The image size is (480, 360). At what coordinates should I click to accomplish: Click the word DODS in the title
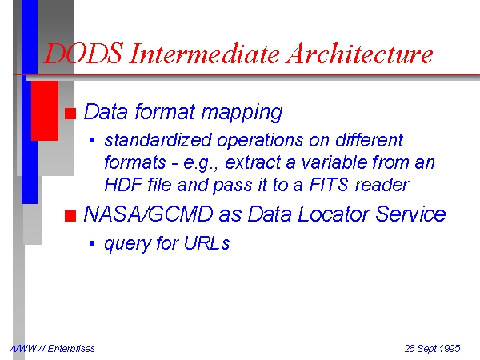[x=84, y=54]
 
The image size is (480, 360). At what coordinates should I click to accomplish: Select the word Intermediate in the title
[x=204, y=54]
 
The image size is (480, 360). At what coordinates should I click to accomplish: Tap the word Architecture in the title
[x=359, y=54]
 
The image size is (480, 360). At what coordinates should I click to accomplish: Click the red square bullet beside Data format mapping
[x=70, y=114]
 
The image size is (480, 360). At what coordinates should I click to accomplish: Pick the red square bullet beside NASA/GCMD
[x=70, y=216]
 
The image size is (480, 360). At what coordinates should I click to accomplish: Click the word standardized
[x=158, y=140]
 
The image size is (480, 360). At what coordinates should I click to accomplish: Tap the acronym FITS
[x=329, y=185]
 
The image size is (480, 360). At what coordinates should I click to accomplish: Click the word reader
[x=382, y=185]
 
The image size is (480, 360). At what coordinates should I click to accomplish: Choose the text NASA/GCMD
[x=148, y=214]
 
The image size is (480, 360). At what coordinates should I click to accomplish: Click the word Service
[x=410, y=214]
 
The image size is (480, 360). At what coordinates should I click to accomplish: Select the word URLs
[x=206, y=243]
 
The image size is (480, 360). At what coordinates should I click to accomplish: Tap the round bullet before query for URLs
[x=92, y=244]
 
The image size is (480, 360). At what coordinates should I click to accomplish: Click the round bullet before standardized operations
[x=92, y=141]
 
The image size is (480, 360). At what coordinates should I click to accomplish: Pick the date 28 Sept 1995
[x=432, y=348]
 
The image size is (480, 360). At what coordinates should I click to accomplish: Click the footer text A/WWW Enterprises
[x=52, y=348]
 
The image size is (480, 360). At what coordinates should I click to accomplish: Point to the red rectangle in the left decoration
[x=45, y=111]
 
